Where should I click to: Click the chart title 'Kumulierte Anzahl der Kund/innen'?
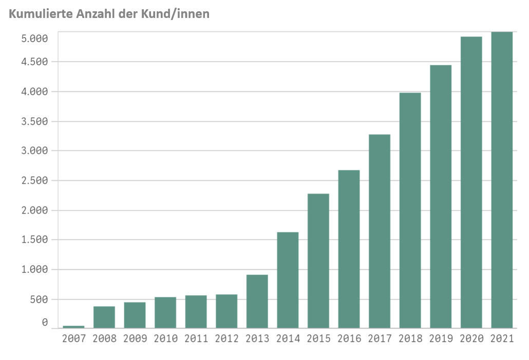pos(109,14)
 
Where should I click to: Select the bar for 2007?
pos(73,327)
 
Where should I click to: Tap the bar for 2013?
pos(257,301)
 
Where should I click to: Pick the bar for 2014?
pos(288,280)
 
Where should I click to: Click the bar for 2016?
pos(349,249)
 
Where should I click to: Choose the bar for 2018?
pos(410,211)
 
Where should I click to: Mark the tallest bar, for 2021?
pos(502,180)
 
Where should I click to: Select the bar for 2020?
pos(471,182)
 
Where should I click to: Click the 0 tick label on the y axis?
pos(45,323)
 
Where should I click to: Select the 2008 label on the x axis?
pos(104,339)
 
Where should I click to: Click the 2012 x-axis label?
pos(226,339)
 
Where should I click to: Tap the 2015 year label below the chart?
pos(318,339)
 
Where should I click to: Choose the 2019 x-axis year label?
pos(441,339)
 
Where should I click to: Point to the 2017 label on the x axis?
pos(380,339)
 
